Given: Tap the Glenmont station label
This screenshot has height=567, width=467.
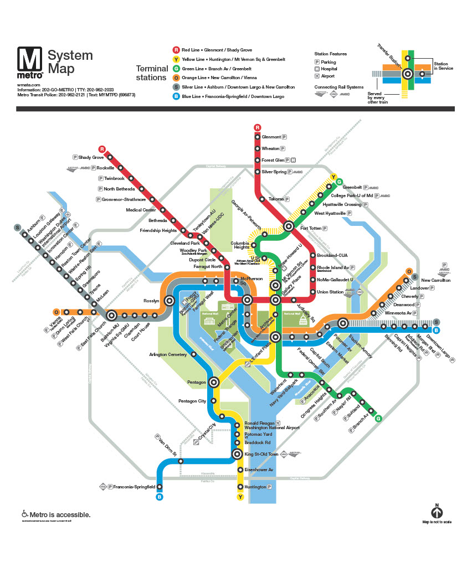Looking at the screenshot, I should pyautogui.click(x=271, y=137).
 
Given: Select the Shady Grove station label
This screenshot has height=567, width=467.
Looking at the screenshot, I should pyautogui.click(x=91, y=158).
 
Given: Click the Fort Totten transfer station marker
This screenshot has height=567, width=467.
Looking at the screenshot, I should pyautogui.click(x=289, y=226).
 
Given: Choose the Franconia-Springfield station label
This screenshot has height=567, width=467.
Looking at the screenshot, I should pyautogui.click(x=135, y=487).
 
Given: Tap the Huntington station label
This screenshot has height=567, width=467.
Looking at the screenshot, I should pyautogui.click(x=254, y=487).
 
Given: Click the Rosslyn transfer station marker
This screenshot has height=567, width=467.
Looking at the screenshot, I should pyautogui.click(x=170, y=300).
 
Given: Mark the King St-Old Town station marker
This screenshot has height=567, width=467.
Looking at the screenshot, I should pyautogui.click(x=237, y=454).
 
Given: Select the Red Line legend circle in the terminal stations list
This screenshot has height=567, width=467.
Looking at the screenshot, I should pyautogui.click(x=176, y=50).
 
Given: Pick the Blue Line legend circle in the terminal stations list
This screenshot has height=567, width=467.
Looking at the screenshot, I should pyautogui.click(x=176, y=96).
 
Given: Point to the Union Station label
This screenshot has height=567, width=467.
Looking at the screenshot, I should pyautogui.click(x=330, y=292).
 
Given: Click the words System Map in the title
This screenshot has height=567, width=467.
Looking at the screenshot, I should pyautogui.click(x=70, y=62).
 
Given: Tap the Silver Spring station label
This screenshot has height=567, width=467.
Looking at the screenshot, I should pyautogui.click(x=274, y=172).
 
